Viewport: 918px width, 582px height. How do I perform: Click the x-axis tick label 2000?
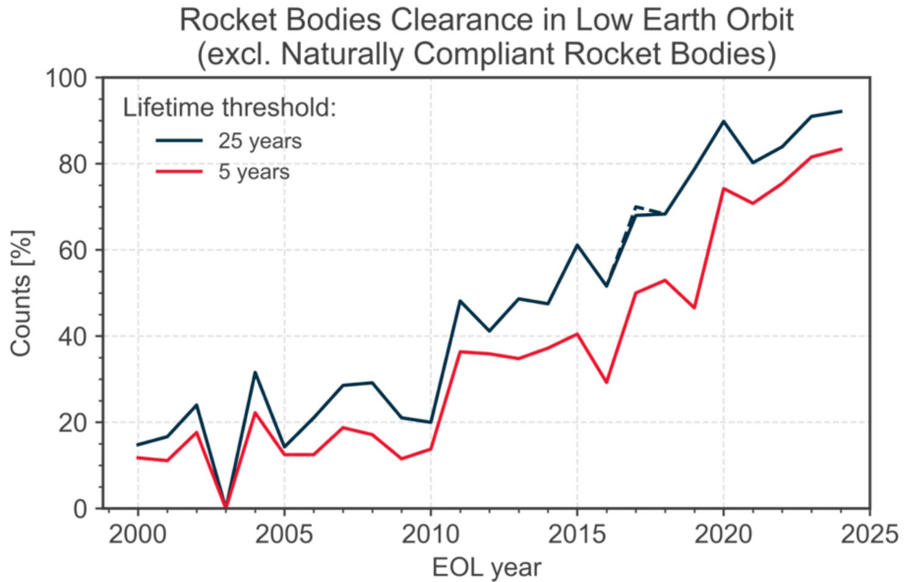138,535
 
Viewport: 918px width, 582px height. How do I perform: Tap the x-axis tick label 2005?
284,535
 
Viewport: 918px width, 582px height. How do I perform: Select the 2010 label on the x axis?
430,535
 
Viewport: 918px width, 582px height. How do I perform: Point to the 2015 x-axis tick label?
577,535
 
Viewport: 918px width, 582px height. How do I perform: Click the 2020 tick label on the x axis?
723,535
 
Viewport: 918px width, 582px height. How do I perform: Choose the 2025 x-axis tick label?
869,535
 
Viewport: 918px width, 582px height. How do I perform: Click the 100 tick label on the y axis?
67,78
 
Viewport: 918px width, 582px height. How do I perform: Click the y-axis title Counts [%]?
22,293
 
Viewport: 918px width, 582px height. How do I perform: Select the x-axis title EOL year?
487,567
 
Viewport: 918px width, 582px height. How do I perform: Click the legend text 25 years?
260,142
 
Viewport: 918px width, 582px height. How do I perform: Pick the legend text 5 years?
254,172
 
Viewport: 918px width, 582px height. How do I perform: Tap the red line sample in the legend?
179,172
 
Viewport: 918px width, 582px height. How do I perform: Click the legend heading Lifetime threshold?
230,108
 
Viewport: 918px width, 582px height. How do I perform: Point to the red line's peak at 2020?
723,189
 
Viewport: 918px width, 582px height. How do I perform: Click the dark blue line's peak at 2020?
723,121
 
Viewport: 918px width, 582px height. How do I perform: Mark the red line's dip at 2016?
606,382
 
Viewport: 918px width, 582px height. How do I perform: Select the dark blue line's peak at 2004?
255,372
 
